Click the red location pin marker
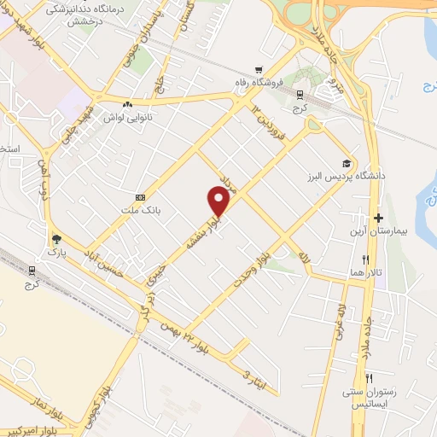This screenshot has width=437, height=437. (x=218, y=201)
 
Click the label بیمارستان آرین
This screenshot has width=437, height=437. (x=379, y=231)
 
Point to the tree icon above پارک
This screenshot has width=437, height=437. (x=56, y=240)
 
